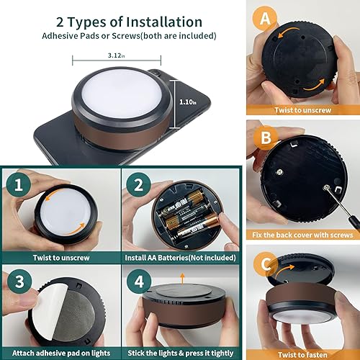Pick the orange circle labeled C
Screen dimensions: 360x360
[266, 264]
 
